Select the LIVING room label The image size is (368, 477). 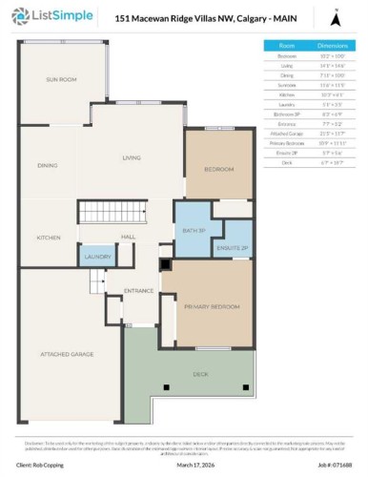coord(131,158)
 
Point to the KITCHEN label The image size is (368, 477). coord(49,237)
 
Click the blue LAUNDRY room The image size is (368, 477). coord(97,257)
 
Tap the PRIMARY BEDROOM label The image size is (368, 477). coord(212,307)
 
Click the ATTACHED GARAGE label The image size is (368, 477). coord(66,354)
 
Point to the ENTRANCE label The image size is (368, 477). coord(139,291)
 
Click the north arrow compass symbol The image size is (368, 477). coord(335,17)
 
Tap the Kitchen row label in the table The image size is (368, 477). coord(286,93)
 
